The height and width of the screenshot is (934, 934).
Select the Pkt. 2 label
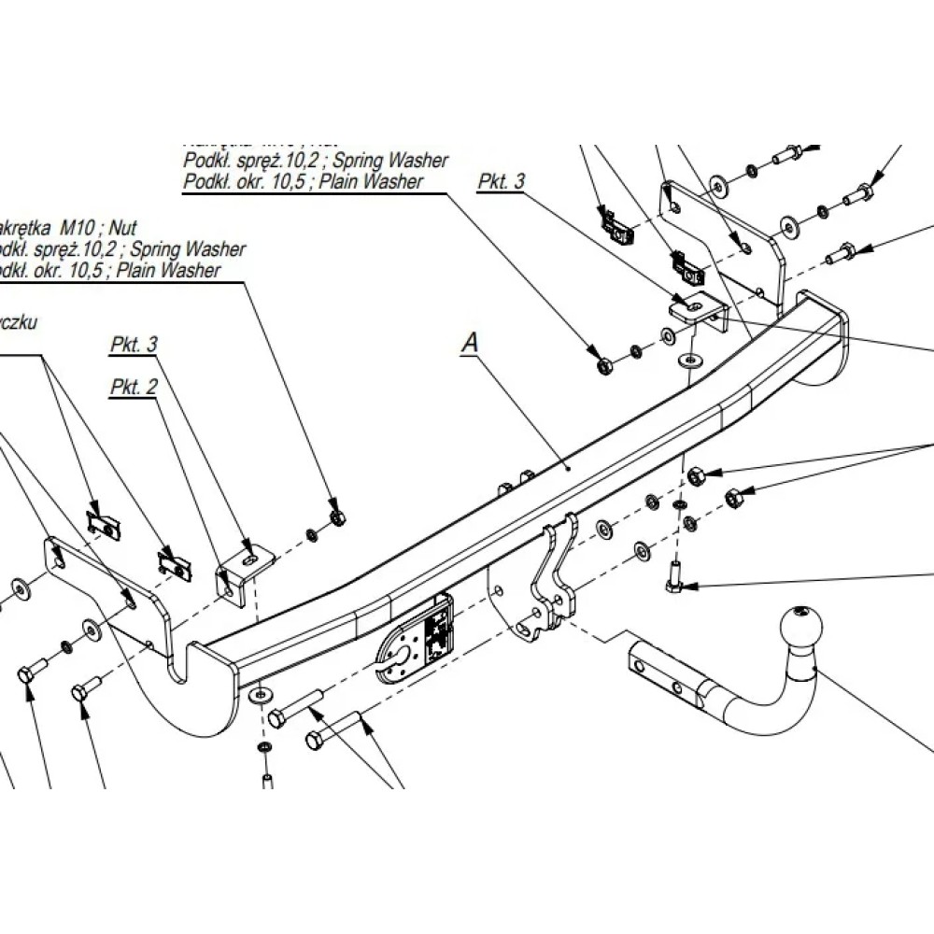point(134,387)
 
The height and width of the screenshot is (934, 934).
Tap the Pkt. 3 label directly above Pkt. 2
point(134,345)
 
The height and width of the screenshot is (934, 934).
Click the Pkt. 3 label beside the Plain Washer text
point(502,182)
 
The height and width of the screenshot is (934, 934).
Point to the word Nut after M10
point(122,226)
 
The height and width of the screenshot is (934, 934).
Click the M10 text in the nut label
point(80,226)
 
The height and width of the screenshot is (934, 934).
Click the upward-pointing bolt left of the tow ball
point(675,580)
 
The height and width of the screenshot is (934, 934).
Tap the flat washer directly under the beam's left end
point(260,695)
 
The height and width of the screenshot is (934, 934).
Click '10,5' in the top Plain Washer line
point(285,182)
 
